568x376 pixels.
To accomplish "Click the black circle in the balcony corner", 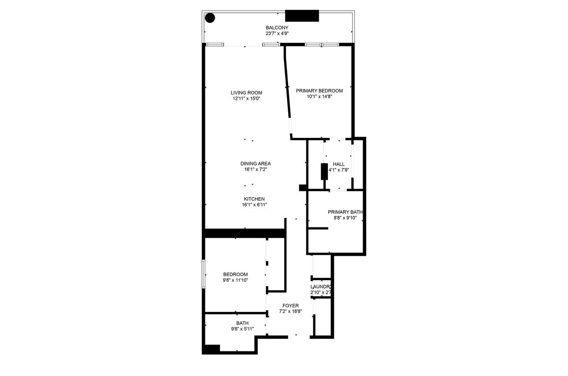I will click(210, 17).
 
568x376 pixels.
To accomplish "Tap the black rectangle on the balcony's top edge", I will click(302, 16).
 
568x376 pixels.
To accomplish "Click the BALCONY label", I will click(277, 28).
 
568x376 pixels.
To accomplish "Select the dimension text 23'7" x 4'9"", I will click(277, 33).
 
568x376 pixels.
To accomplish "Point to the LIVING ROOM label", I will click(247, 93).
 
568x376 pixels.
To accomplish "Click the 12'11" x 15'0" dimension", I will click(247, 98).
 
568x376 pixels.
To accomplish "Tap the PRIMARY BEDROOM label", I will click(319, 91).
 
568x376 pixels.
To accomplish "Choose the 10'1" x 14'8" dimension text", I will click(319, 97).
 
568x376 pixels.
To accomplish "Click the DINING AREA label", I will click(256, 164).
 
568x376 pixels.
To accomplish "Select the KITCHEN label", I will click(254, 199).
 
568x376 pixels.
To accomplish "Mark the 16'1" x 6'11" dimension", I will click(254, 205).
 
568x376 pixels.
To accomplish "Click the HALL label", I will click(339, 164).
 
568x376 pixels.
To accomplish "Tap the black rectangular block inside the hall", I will click(324, 172).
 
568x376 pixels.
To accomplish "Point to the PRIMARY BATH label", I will click(345, 212).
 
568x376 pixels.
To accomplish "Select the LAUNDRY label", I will click(321, 287).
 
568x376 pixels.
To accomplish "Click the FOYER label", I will click(290, 306).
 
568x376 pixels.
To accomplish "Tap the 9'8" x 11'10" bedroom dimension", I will click(235, 280).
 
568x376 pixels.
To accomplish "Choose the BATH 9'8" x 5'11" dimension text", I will click(242, 329).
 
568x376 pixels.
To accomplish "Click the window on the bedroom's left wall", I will click(203, 274).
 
